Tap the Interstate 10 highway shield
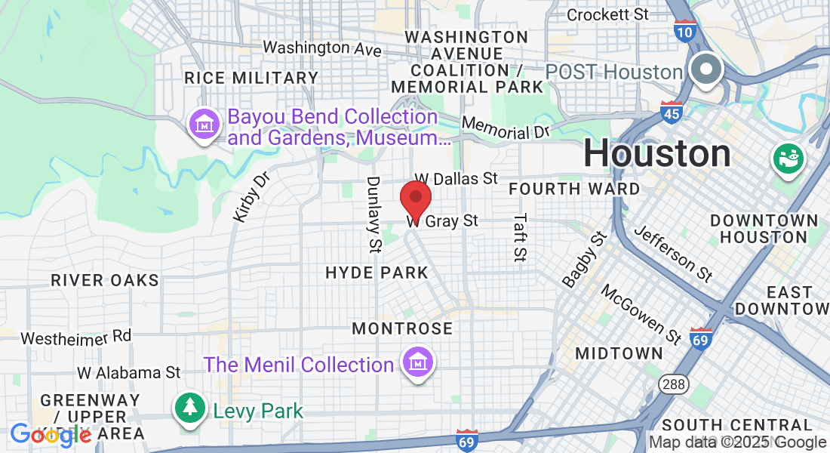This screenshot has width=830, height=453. [685, 32]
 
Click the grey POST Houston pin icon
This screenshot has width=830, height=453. [706, 70]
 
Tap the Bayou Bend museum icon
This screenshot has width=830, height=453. [204, 125]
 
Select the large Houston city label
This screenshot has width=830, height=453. [656, 154]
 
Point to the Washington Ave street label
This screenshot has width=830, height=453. [322, 48]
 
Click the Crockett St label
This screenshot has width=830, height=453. [607, 14]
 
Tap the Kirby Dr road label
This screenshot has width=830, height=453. [251, 198]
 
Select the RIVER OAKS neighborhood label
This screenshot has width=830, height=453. [105, 280]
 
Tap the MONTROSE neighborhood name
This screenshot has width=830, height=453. [402, 328]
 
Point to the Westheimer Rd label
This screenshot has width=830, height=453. [75, 337]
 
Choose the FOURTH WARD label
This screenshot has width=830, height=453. [574, 188]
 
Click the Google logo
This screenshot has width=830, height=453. [51, 434]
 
